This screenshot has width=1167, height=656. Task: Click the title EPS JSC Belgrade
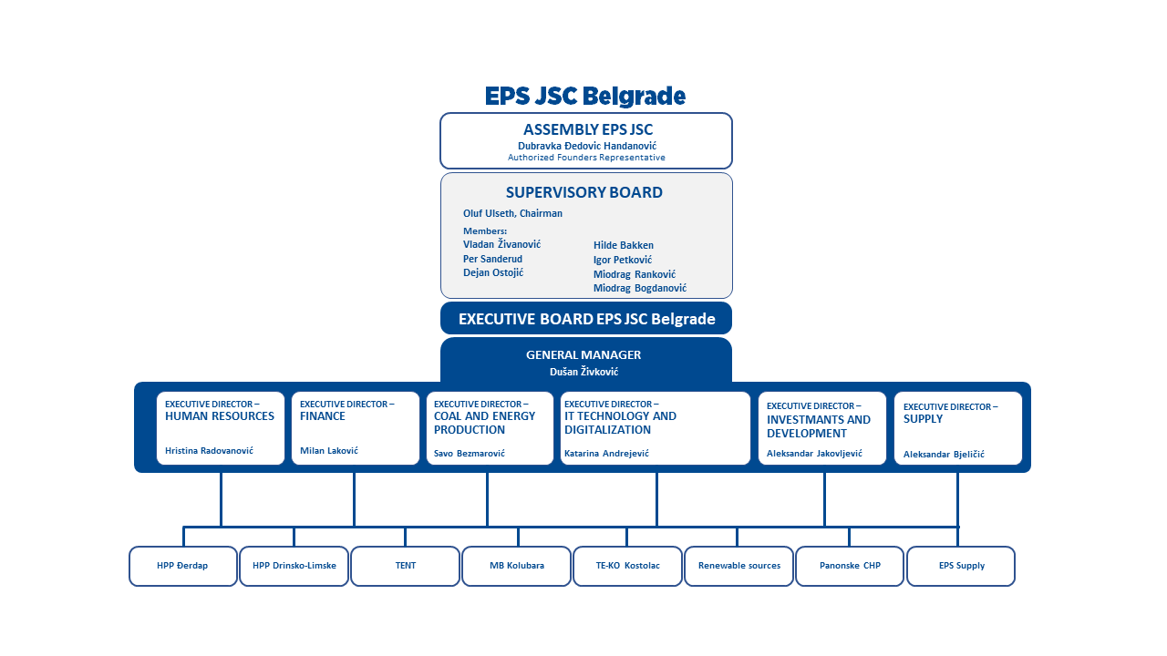[585, 97]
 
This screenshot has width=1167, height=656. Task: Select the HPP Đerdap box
[183, 566]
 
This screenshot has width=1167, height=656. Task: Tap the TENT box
[406, 566]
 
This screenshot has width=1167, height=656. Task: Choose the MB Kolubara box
[516, 566]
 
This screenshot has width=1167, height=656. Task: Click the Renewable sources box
[738, 566]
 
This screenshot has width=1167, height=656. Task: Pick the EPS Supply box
[961, 566]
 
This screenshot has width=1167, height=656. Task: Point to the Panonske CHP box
[850, 566]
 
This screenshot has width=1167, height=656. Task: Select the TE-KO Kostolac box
[628, 566]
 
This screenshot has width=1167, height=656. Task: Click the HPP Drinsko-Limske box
[294, 566]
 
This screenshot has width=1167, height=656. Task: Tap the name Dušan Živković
[584, 372]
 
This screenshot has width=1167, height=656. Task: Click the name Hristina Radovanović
[209, 451]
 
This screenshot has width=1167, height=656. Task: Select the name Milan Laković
[329, 451]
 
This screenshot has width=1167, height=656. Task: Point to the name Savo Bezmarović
[470, 454]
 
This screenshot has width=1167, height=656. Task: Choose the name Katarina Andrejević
[606, 454]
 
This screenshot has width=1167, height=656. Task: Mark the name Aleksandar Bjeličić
[944, 455]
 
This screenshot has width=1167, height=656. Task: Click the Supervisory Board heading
[584, 192]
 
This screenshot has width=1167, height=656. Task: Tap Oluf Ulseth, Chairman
[512, 213]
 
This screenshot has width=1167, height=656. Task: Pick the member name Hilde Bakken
[623, 245]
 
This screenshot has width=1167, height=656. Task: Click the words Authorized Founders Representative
[586, 158]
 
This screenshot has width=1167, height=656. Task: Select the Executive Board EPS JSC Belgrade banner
[586, 318]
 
